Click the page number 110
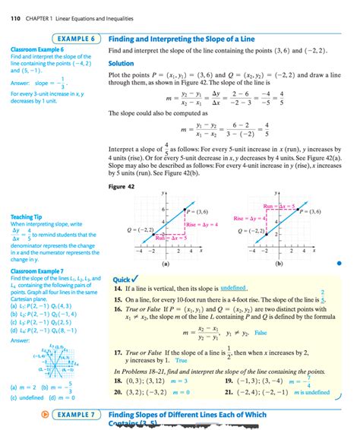pos(15,8)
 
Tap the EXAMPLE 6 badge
pos(76,37)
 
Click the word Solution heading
pos(122,63)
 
